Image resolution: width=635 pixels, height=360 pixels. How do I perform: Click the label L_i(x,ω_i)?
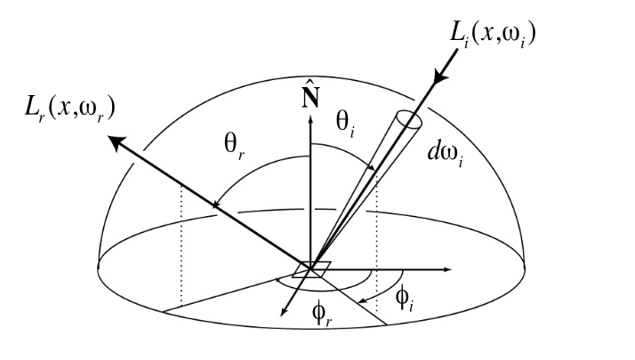tap(493, 35)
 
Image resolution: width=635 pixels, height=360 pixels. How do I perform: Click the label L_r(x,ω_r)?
tap(69, 109)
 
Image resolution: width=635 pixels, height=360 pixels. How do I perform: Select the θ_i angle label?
tap(345, 124)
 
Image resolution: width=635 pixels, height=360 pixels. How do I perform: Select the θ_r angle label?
tap(234, 147)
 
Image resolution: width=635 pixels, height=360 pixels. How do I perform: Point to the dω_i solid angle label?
tap(446, 155)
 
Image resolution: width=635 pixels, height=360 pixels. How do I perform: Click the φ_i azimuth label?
tap(405, 299)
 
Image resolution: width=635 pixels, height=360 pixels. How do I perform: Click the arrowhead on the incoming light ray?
tap(441, 76)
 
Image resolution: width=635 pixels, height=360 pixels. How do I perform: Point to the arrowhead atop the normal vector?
tap(310, 119)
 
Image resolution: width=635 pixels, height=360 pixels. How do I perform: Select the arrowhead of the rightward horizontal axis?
tap(446, 269)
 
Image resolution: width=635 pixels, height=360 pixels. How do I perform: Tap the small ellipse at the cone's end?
tap(409, 119)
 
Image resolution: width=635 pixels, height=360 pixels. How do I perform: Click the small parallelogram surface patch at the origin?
tap(311, 269)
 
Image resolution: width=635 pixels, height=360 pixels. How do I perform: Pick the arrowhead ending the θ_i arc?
tap(370, 167)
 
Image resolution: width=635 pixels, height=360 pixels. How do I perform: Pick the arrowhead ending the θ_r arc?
tap(216, 204)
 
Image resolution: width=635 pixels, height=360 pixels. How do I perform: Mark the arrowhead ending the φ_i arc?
tap(363, 300)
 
